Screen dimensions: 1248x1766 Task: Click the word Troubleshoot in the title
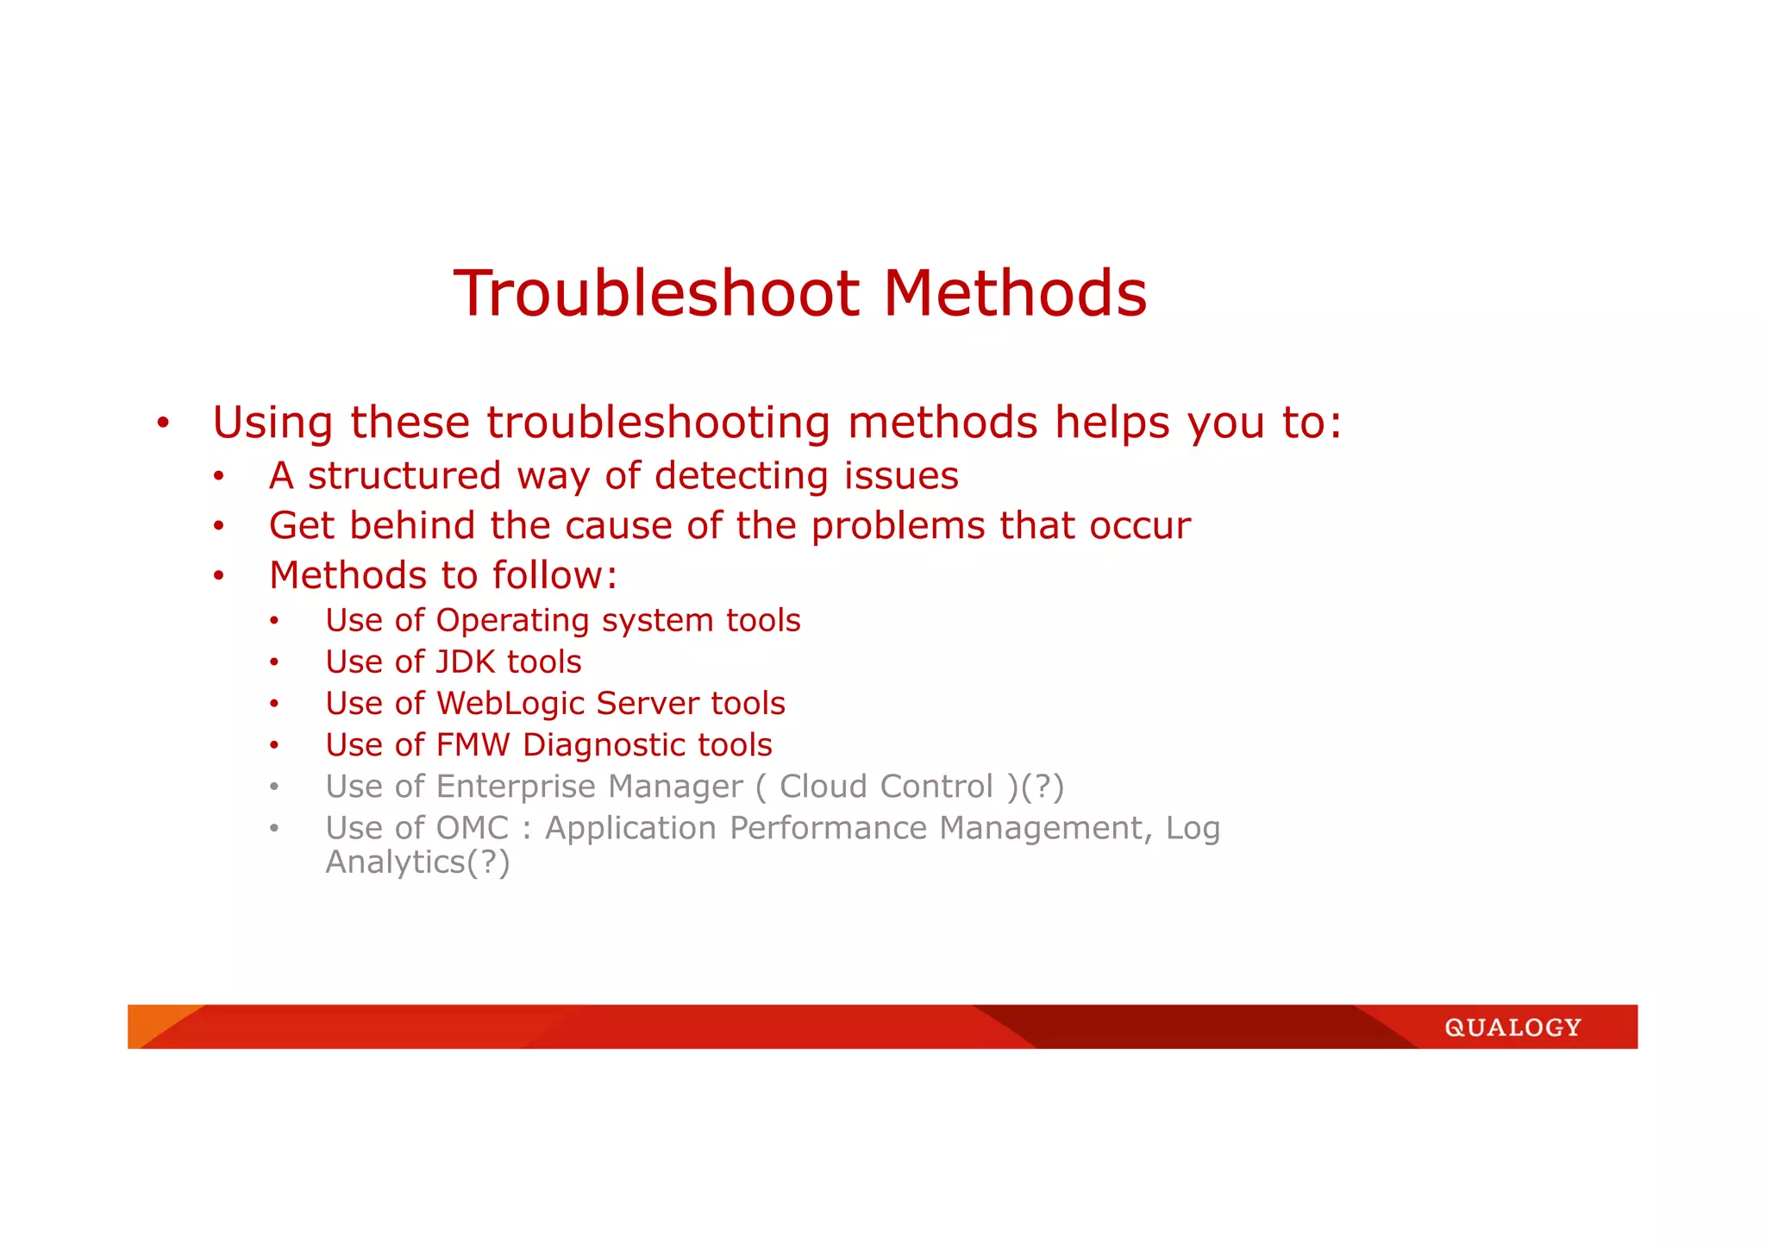[x=655, y=293]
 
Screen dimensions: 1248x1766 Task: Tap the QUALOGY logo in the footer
[x=1512, y=1027]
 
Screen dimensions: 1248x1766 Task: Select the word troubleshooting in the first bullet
[x=658, y=423]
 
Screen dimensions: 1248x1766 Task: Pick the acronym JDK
[x=466, y=662]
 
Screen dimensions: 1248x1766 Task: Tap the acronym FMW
[x=473, y=745]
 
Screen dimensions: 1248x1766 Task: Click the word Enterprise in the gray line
[x=515, y=787]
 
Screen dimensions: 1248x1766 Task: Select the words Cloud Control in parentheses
[x=886, y=787]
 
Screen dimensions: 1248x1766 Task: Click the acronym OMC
[x=473, y=828]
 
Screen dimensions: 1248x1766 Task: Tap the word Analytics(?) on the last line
[x=417, y=862]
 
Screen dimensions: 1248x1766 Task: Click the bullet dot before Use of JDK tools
[x=274, y=662]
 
